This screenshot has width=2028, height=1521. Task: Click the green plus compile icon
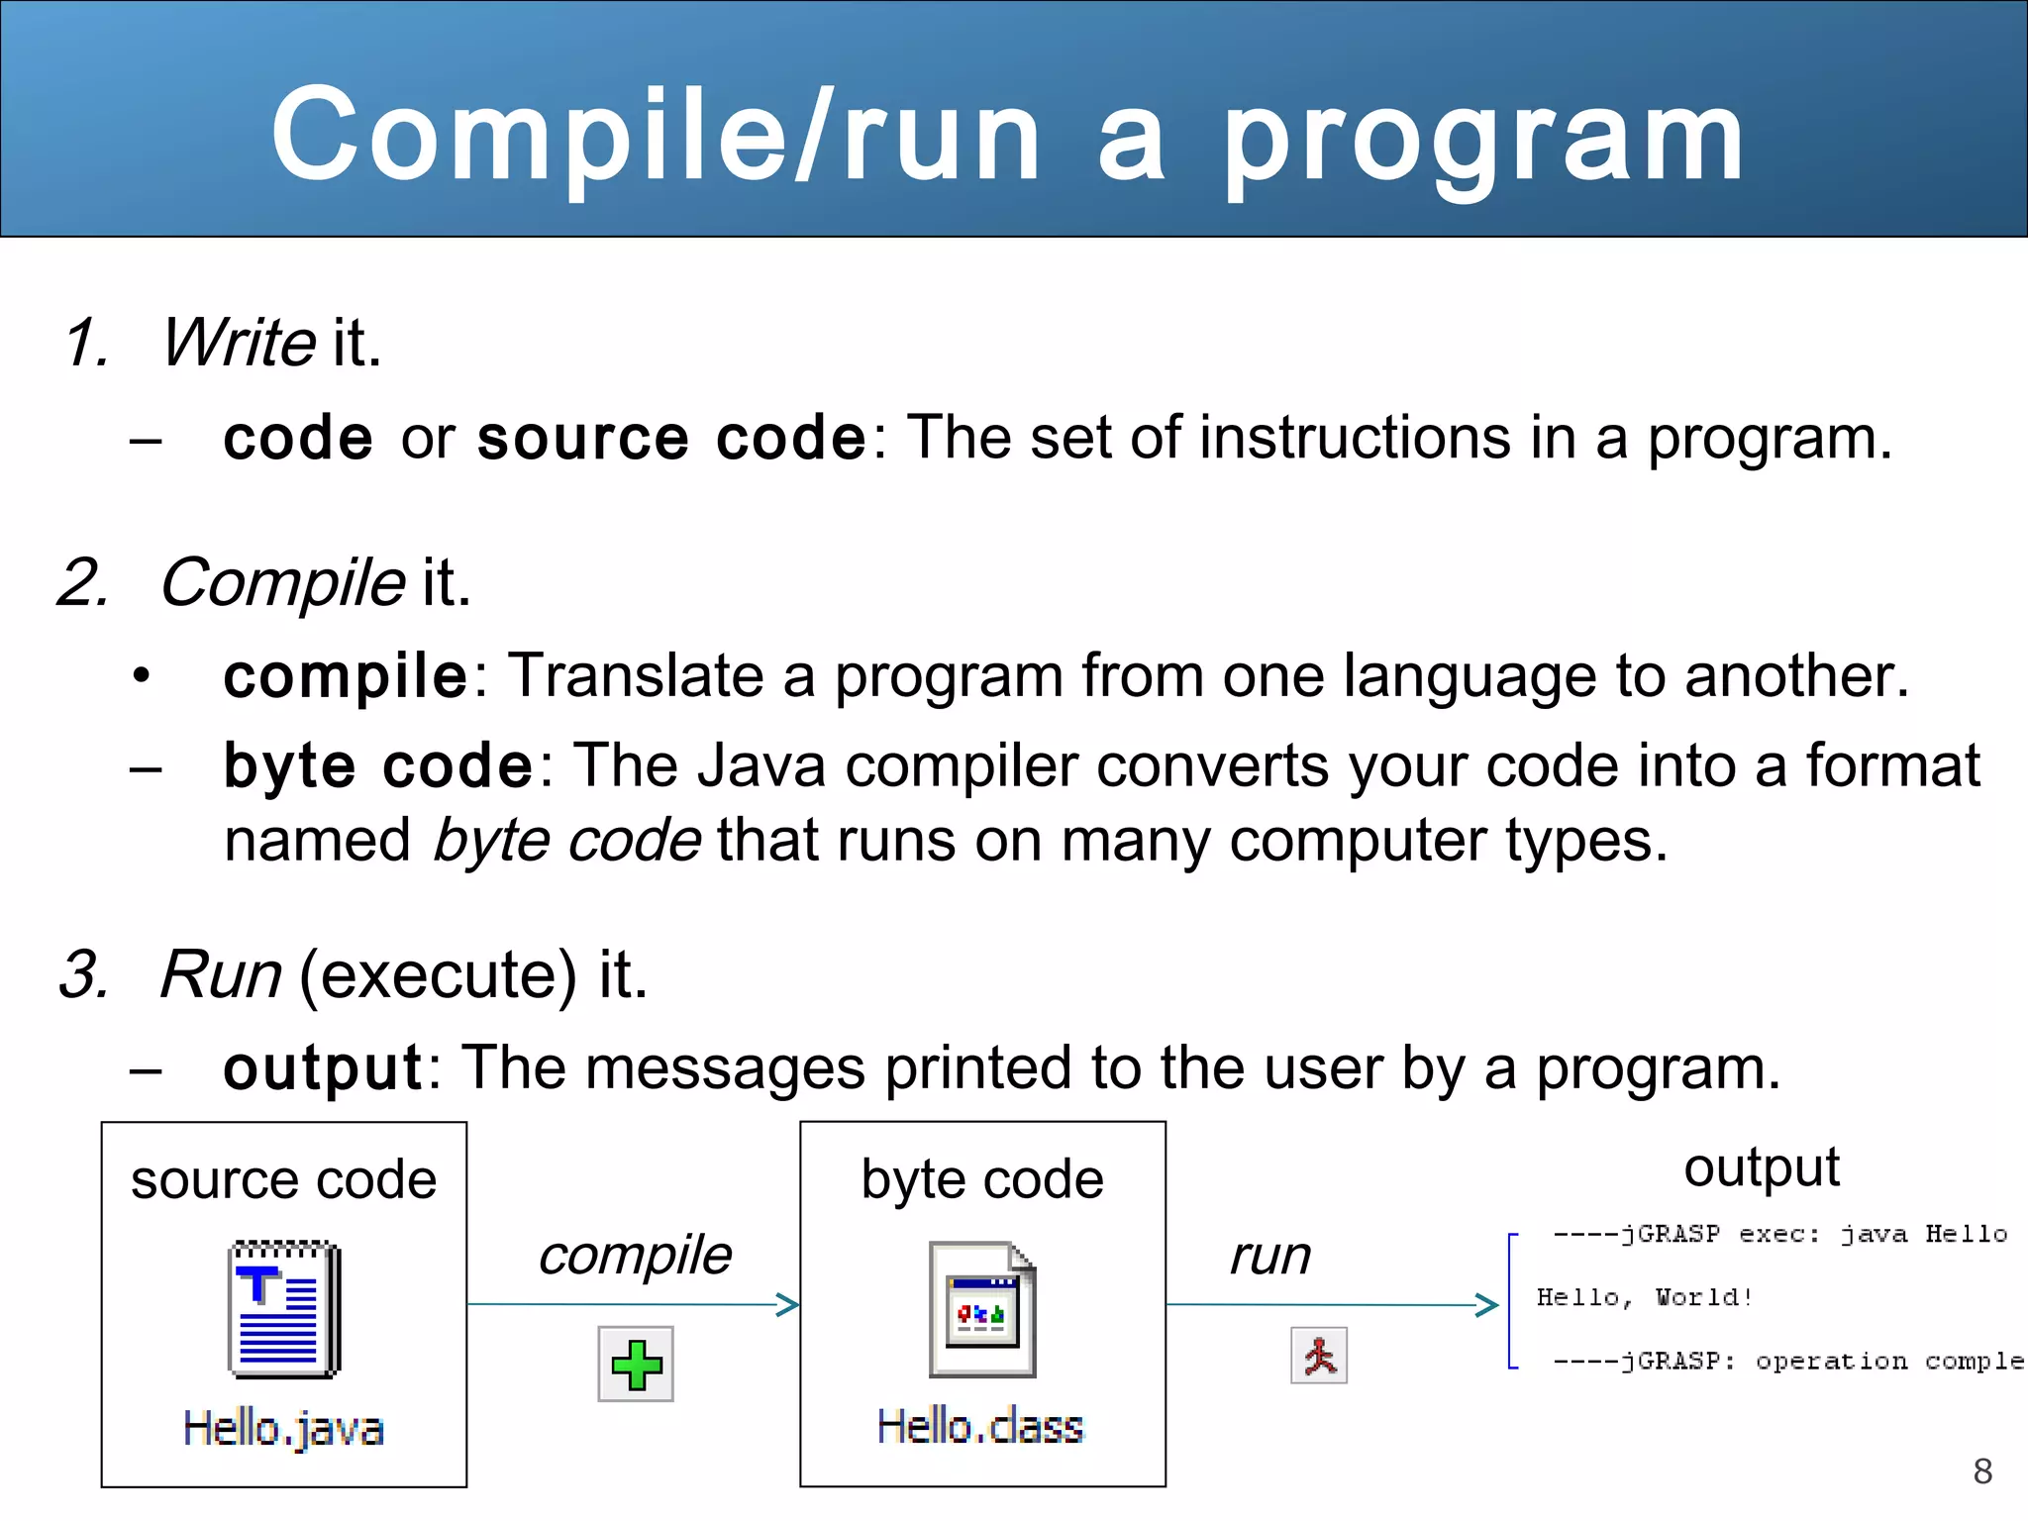pyautogui.click(x=636, y=1364)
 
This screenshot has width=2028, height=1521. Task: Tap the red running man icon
pyautogui.click(x=1319, y=1356)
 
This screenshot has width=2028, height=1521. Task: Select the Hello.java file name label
pyautogui.click(x=283, y=1429)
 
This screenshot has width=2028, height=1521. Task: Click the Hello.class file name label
pyautogui.click(x=980, y=1427)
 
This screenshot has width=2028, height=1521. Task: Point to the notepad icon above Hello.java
pyautogui.click(x=284, y=1308)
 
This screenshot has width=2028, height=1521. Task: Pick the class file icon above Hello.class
pyautogui.click(x=981, y=1309)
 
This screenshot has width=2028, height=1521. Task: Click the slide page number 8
pyautogui.click(x=1982, y=1471)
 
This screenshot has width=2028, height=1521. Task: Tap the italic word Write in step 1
pyautogui.click(x=239, y=343)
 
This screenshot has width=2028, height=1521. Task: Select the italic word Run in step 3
pyautogui.click(x=221, y=974)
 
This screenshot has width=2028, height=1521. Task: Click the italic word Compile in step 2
pyautogui.click(x=282, y=582)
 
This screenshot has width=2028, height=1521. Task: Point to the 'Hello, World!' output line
pyautogui.click(x=1645, y=1297)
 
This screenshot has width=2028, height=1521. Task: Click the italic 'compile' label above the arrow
pyautogui.click(x=635, y=1256)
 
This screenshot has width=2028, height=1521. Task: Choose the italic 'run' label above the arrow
pyautogui.click(x=1270, y=1256)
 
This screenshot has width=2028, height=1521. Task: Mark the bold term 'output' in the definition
pyautogui.click(x=324, y=1068)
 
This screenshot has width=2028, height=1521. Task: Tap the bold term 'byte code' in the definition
pyautogui.click(x=378, y=765)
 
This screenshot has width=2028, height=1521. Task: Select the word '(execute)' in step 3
pyautogui.click(x=438, y=974)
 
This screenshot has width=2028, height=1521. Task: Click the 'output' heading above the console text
pyautogui.click(x=1762, y=1167)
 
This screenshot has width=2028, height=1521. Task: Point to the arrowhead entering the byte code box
pyautogui.click(x=789, y=1305)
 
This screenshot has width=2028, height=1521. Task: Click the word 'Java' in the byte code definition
pyautogui.click(x=760, y=765)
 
